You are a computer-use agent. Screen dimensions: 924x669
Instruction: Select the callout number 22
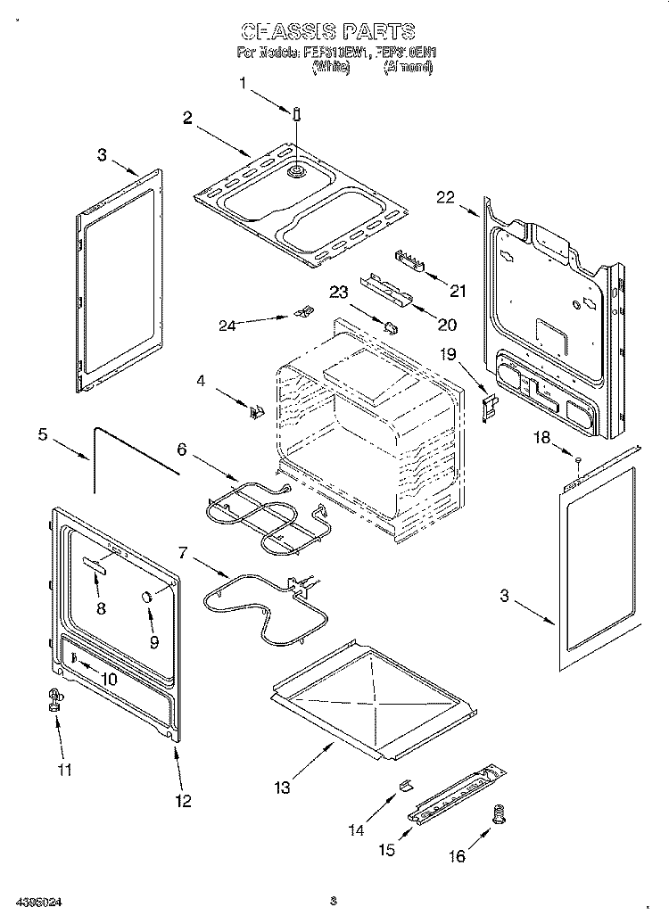pyautogui.click(x=447, y=198)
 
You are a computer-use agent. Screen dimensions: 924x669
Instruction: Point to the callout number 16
pyautogui.click(x=456, y=856)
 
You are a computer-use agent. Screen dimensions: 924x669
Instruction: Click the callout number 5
pyautogui.click(x=42, y=435)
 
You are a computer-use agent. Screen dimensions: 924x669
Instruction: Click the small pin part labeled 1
pyautogui.click(x=295, y=113)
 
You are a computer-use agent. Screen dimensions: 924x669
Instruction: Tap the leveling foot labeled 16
pyautogui.click(x=500, y=814)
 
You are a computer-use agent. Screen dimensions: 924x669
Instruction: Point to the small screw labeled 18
pyautogui.click(x=577, y=461)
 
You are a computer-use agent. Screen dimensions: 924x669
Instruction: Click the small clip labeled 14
pyautogui.click(x=404, y=783)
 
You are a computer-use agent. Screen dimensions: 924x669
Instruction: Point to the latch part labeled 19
pyautogui.click(x=489, y=407)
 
